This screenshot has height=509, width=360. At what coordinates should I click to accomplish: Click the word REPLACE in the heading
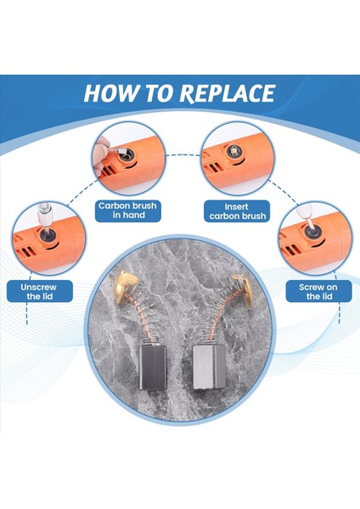coord(228,93)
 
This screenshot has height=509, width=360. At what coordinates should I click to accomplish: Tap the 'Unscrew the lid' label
coord(40,291)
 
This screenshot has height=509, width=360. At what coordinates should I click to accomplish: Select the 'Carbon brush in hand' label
coord(128,210)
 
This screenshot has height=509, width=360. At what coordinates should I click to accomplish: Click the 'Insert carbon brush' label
coord(237,211)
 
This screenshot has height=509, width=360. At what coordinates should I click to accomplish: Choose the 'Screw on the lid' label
coord(318,291)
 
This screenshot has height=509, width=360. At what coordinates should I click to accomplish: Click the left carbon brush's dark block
coord(153,366)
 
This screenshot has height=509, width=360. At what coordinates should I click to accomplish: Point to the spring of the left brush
coord(143,318)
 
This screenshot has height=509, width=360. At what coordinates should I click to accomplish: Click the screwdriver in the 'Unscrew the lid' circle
coord(44,217)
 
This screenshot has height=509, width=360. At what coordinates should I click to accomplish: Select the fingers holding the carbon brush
coord(101,155)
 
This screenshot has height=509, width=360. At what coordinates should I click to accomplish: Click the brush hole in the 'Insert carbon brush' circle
coord(233,151)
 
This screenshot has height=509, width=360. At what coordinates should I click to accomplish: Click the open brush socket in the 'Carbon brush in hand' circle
coord(127,155)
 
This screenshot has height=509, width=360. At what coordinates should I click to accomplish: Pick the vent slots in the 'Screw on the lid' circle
coord(292,249)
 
